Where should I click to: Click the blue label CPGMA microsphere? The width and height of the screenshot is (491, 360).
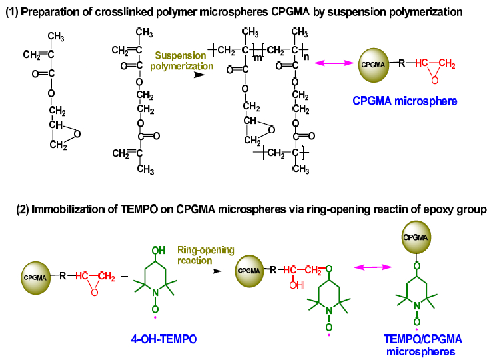click(x=404, y=101)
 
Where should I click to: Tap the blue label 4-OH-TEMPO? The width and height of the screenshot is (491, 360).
click(x=164, y=339)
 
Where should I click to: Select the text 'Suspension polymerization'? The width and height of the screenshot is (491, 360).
click(x=181, y=61)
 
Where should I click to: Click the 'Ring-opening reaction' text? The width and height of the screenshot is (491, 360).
click(x=205, y=255)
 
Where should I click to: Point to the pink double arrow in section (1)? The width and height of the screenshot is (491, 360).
click(x=334, y=63)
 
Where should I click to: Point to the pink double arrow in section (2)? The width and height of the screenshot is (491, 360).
click(x=373, y=267)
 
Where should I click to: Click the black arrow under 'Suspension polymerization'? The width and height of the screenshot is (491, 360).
click(x=183, y=75)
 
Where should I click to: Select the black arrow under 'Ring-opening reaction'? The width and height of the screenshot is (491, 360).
click(x=199, y=271)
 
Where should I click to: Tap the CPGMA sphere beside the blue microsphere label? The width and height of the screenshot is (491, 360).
click(x=373, y=65)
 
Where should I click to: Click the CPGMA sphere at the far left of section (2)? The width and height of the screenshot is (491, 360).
click(x=36, y=277)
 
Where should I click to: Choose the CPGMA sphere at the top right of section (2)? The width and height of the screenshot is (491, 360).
click(x=416, y=237)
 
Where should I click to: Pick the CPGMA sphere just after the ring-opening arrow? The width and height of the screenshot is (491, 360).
click(x=250, y=271)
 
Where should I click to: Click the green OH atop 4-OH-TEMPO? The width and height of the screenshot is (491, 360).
click(x=159, y=251)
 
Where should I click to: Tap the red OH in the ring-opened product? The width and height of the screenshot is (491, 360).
click(x=296, y=285)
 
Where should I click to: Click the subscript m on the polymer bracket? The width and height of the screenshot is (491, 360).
click(x=258, y=57)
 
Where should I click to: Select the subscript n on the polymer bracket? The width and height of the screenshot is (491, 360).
click(x=306, y=57)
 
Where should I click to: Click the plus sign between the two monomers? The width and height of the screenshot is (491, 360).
click(x=85, y=65)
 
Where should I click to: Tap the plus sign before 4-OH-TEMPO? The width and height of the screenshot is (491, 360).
click(x=125, y=277)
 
